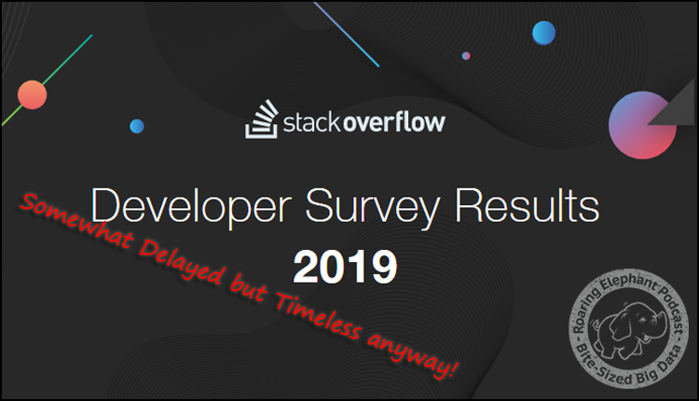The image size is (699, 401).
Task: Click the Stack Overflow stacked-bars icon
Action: (262, 118)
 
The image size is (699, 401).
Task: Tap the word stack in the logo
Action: (311, 122)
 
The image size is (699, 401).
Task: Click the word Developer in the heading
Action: (191, 206)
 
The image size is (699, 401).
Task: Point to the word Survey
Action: (373, 207)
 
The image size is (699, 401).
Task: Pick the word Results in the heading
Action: (527, 206)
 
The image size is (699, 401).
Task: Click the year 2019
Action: (345, 267)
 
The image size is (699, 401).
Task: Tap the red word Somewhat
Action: (75, 221)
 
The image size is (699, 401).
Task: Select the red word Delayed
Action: (182, 262)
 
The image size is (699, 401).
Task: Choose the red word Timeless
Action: (318, 315)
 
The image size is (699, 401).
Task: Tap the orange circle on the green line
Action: (32, 94)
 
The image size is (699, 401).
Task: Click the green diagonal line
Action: (47, 80)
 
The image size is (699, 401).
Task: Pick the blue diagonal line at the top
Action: (347, 35)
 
